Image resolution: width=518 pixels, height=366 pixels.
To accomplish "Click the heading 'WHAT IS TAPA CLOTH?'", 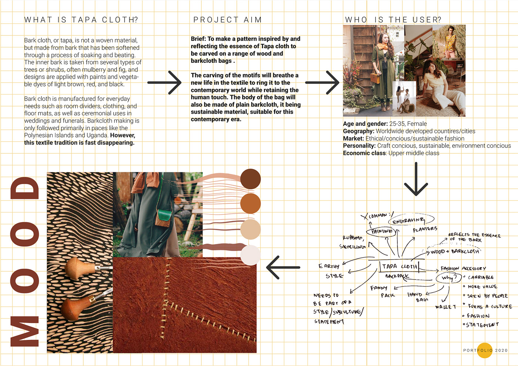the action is click(x=81, y=20).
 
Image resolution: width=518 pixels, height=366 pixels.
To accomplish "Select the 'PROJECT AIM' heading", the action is click(x=228, y=20).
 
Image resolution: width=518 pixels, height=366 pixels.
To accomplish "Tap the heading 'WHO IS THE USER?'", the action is click(x=393, y=20).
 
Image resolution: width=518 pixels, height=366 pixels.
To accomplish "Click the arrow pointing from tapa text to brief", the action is click(x=165, y=82).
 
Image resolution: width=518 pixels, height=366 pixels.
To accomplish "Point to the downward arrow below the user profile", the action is click(x=416, y=179).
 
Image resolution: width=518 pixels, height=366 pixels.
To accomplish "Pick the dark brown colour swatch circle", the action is click(x=250, y=179).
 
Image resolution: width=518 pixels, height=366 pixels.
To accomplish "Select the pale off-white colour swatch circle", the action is click(x=250, y=255).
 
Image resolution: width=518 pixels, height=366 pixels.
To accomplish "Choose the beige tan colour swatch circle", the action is click(x=250, y=229).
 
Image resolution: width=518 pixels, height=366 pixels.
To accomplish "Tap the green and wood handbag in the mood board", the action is click(x=165, y=218).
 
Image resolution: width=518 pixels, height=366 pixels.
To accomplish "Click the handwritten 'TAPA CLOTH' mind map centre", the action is click(x=400, y=267).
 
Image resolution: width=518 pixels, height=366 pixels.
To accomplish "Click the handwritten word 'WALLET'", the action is click(x=445, y=307).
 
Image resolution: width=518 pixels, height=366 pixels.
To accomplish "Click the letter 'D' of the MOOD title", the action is click(x=25, y=189).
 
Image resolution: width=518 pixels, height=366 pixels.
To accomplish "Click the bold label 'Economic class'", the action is click(x=364, y=153).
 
